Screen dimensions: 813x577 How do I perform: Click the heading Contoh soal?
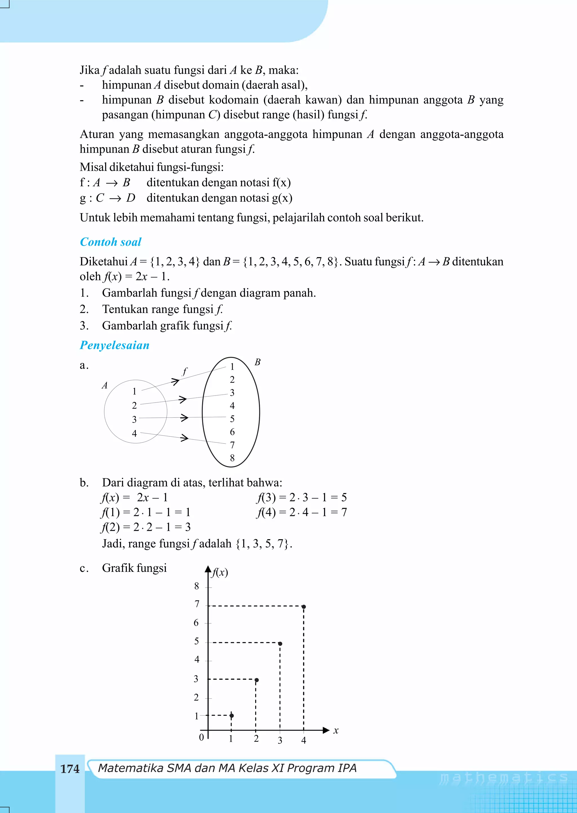pyautogui.click(x=110, y=242)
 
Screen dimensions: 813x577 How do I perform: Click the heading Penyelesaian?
pyautogui.click(x=114, y=345)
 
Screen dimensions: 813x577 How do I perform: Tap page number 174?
pyautogui.click(x=70, y=769)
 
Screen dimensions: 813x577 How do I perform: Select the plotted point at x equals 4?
pyautogui.click(x=303, y=607)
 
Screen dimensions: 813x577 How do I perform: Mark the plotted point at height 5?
pyautogui.click(x=280, y=644)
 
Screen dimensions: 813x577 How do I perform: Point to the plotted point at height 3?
pyautogui.click(x=257, y=680)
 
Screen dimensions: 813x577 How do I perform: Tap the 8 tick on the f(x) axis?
pyautogui.click(x=196, y=586)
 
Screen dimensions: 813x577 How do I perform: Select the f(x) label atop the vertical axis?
pyautogui.click(x=219, y=572)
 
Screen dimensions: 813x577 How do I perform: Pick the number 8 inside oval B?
pyautogui.click(x=232, y=458)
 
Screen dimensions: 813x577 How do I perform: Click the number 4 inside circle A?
pyautogui.click(x=134, y=433)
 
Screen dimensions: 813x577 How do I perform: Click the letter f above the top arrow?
pyautogui.click(x=185, y=372)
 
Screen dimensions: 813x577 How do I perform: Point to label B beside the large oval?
pyautogui.click(x=258, y=362)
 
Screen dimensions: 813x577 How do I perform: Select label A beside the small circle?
pyautogui.click(x=105, y=385)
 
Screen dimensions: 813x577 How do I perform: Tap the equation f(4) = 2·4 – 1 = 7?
pyautogui.click(x=301, y=512)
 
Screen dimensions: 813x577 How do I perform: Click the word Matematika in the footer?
pyautogui.click(x=130, y=768)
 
